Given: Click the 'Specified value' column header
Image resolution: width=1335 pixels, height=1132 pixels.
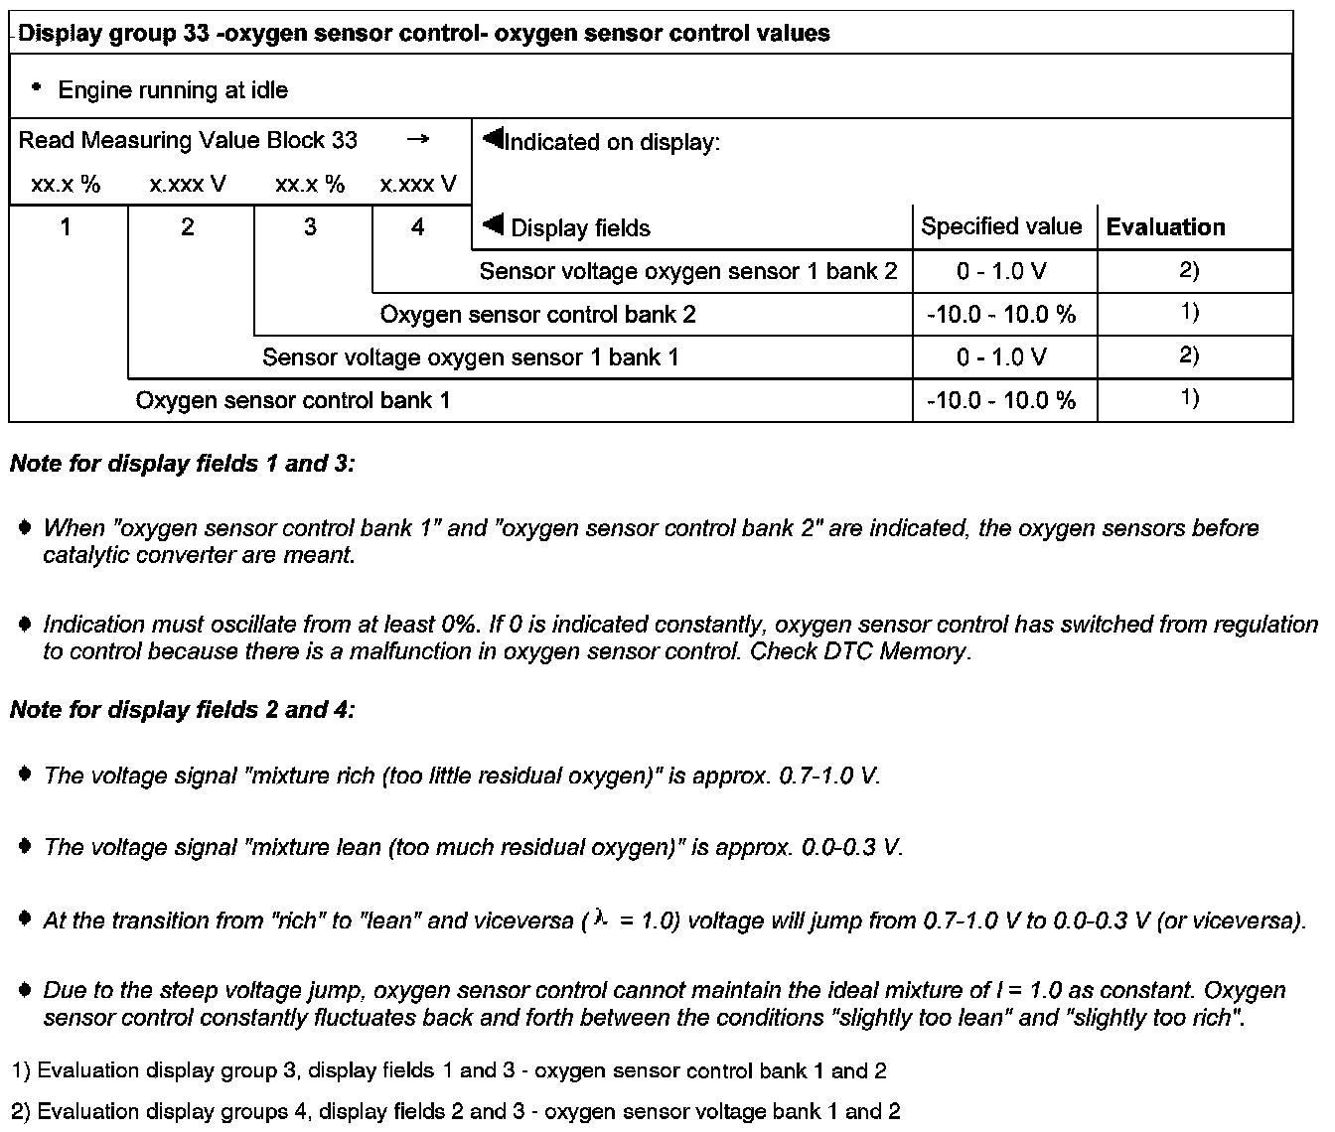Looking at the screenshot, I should [x=1000, y=226].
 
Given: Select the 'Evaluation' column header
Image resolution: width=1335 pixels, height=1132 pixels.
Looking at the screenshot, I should [x=1165, y=227].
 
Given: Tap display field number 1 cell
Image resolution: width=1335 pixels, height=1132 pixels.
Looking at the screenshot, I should [x=66, y=227].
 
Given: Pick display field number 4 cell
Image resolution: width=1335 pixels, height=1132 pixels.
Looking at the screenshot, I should [x=417, y=227].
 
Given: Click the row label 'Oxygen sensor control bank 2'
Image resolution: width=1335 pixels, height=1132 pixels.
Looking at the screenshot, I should [x=537, y=315].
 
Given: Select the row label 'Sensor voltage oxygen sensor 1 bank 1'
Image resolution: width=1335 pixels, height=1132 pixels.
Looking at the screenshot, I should [x=470, y=357].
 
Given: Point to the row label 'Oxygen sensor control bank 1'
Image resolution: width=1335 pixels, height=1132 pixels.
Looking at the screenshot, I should [x=292, y=401].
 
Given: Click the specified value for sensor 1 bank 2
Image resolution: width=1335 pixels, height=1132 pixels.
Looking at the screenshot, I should [x=1001, y=272].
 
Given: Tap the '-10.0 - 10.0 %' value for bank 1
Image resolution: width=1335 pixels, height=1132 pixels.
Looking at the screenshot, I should [x=1001, y=401].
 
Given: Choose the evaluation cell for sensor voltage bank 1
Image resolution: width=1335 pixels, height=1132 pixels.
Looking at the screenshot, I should [x=1189, y=355].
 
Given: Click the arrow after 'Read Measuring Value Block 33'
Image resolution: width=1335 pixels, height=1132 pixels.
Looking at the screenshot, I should [x=418, y=140].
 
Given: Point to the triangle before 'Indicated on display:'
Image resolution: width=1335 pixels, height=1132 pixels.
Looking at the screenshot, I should [x=493, y=139].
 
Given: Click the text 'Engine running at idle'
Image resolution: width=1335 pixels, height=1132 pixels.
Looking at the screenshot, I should [x=173, y=90].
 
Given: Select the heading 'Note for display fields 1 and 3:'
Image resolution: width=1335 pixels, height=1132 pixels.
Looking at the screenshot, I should [x=182, y=464].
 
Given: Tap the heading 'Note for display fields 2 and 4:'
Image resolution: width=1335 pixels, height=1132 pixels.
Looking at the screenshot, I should [x=182, y=710].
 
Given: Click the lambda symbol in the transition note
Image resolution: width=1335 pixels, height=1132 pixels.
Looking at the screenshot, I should [x=599, y=920].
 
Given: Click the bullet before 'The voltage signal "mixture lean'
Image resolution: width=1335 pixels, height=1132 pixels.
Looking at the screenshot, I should [x=26, y=846].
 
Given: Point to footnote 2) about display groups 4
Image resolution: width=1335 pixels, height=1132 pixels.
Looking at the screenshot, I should [x=455, y=1111].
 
